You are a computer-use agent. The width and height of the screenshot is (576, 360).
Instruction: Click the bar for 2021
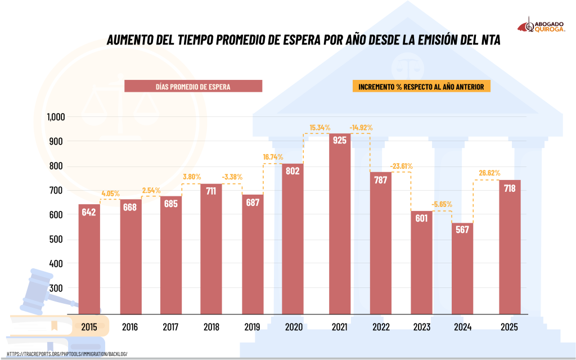coord(340,222)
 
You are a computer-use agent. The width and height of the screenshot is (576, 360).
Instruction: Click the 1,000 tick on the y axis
coord(56,117)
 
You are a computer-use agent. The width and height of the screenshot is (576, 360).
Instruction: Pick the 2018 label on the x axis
coord(211,327)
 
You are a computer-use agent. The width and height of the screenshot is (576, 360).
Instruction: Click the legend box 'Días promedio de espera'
coord(193,86)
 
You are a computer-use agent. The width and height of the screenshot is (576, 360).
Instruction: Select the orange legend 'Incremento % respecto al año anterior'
coord(421,87)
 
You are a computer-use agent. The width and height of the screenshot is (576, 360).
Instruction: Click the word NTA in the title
coord(490,40)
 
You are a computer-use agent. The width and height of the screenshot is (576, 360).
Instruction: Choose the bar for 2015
coord(89,258)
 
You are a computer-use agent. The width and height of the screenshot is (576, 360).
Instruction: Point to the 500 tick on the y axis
coord(59,240)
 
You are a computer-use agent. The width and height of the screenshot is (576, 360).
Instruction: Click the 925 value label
coord(340,141)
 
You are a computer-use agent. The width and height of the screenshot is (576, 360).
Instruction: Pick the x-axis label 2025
coord(508,327)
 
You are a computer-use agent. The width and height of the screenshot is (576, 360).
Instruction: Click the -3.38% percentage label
coord(229,177)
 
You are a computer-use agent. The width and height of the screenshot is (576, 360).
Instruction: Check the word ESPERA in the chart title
coord(295,40)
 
